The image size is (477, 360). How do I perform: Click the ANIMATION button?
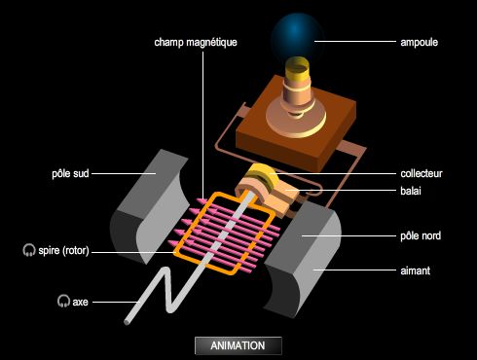[238, 344]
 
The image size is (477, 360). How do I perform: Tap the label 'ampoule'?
[419, 43]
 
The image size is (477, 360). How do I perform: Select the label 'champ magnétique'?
[195, 43]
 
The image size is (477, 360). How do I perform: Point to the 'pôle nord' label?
[422, 234]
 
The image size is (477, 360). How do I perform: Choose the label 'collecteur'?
[422, 173]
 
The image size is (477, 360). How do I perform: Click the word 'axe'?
[80, 301]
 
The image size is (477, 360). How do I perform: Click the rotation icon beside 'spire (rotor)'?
[28, 251]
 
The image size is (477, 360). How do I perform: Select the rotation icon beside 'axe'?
[63, 301]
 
